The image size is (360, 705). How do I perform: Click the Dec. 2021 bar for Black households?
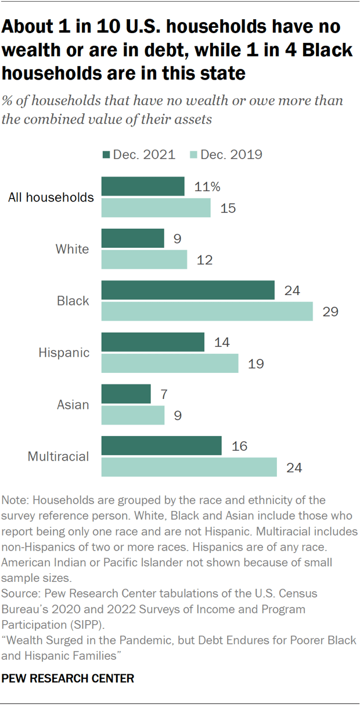tap(188, 290)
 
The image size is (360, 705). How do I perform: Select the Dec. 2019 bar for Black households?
tap(207, 311)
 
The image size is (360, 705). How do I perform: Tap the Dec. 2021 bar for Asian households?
tap(126, 394)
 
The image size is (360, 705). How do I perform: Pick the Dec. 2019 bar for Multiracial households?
tap(189, 467)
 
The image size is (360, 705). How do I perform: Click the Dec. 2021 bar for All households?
tap(143, 187)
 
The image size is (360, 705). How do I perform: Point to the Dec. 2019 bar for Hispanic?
tap(170, 364)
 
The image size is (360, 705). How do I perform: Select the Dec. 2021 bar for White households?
tap(132, 239)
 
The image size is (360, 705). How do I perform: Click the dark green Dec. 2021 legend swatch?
tap(106, 154)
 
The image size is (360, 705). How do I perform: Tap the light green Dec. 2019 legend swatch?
tap(193, 154)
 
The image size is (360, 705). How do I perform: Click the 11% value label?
tap(208, 187)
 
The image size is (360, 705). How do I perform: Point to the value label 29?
tap(331, 311)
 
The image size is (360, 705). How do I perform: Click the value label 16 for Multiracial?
tap(239, 446)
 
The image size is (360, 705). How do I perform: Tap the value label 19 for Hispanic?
tap(255, 364)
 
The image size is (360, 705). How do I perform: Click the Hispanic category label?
tap(64, 352)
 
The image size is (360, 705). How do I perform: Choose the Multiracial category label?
tap(59, 456)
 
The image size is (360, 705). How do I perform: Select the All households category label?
tap(51, 197)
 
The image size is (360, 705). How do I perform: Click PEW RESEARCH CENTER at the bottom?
tap(69, 678)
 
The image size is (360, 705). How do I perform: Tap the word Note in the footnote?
tap(13, 500)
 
